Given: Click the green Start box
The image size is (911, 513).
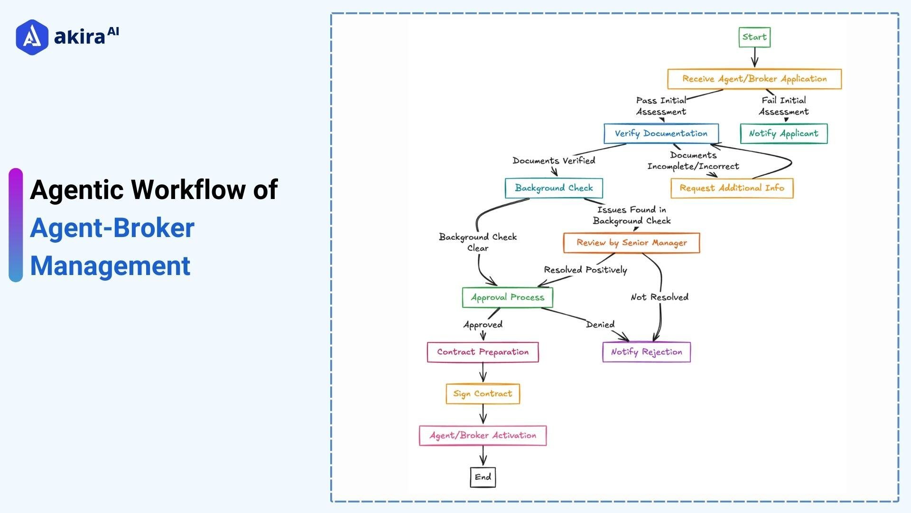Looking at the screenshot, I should tap(754, 37).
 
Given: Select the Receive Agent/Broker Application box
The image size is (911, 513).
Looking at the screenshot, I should tap(754, 79).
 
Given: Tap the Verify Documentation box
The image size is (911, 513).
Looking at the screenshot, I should tap(661, 133).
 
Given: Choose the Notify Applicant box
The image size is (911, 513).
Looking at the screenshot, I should tap(783, 133).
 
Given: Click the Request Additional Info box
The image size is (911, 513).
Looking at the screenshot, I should tap(732, 188).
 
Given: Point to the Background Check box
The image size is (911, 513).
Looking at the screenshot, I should tap(554, 188).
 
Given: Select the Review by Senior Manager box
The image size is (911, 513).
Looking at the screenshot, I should tap(631, 243).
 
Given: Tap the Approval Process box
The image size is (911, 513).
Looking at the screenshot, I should tap(507, 297).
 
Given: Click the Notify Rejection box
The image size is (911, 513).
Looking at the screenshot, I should tap(646, 352).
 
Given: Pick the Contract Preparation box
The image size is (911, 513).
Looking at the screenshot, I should tap(483, 352).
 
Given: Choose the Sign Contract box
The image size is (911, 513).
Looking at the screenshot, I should tap(483, 394).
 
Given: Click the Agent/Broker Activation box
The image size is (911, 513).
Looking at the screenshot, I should tap(483, 436).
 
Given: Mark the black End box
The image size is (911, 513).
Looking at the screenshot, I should tap(483, 477).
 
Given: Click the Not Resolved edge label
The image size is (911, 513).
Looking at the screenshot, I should tap(659, 297).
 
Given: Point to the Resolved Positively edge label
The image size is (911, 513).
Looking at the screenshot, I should tap(585, 270).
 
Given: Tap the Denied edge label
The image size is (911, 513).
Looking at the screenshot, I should tap(600, 324).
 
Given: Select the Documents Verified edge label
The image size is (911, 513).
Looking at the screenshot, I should tap(554, 161).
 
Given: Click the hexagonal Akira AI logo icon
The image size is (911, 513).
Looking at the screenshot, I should tap(32, 37).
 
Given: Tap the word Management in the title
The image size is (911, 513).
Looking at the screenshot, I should tap(110, 266).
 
